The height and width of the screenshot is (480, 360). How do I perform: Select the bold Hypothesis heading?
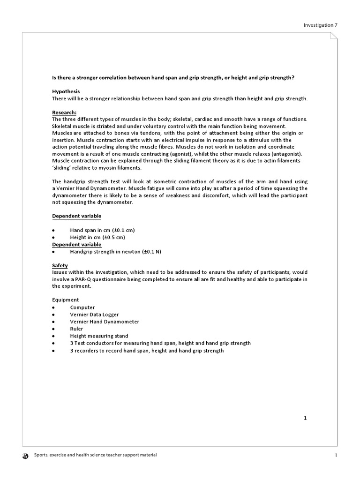(66, 91)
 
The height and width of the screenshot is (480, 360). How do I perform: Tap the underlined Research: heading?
(64, 112)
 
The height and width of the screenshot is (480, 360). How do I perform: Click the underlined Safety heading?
(60, 265)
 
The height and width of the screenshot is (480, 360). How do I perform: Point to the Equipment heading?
(65, 300)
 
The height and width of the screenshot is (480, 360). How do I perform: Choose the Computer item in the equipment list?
(82, 307)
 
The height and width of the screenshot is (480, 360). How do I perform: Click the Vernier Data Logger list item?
(95, 315)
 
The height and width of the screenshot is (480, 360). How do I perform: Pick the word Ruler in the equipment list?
(76, 329)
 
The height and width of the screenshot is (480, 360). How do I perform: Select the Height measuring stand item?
(99, 336)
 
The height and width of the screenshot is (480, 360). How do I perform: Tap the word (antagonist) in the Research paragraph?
(288, 154)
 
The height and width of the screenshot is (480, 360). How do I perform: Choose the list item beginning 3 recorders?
(147, 351)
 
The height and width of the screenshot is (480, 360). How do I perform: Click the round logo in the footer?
(25, 455)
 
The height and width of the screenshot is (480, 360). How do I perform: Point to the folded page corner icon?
(333, 37)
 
